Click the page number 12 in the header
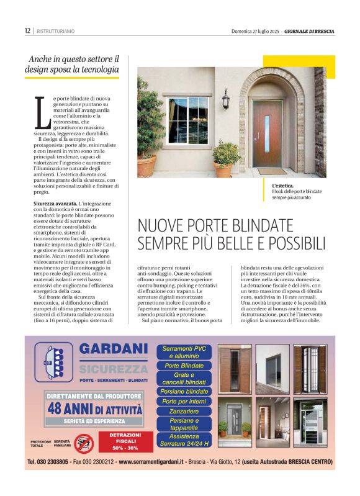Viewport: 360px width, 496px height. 27,30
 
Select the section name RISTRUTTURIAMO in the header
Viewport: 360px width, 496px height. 55,30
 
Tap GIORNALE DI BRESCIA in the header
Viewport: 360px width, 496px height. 310,30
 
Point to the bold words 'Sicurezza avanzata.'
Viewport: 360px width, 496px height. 55,204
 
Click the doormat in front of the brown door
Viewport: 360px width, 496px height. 272,171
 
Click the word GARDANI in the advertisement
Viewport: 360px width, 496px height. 114,349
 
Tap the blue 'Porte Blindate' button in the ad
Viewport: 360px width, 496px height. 184,366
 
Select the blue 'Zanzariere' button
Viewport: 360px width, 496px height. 184,411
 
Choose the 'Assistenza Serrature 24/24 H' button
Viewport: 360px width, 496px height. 184,440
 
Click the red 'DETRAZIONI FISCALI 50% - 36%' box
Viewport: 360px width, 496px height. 126,441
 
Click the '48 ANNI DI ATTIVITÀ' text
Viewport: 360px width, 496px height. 94,409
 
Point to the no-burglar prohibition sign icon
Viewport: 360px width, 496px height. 83,442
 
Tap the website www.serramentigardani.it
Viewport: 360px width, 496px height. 153,462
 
